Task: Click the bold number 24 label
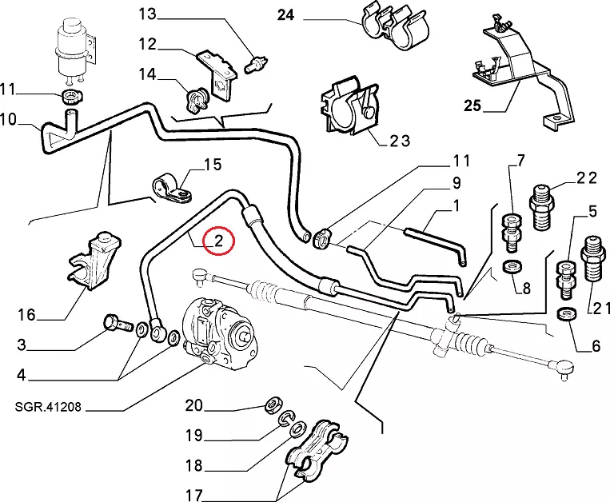(x=286, y=15)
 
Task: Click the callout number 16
(x=26, y=315)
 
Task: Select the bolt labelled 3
(x=118, y=325)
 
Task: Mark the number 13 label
(x=149, y=14)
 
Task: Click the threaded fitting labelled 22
(x=543, y=197)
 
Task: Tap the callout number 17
(x=194, y=496)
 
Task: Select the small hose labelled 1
(x=436, y=242)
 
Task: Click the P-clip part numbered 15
(x=170, y=189)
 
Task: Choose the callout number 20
(x=194, y=405)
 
